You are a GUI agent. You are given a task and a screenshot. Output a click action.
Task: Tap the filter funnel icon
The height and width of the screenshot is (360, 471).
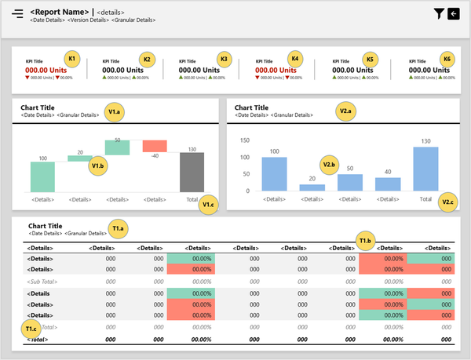[x=439, y=13]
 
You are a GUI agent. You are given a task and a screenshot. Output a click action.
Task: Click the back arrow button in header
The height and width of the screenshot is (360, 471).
[x=453, y=13]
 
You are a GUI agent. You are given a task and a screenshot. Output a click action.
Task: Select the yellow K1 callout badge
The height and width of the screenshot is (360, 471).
[x=71, y=59]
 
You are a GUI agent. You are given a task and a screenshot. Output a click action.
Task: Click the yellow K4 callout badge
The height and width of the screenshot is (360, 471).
[x=295, y=59]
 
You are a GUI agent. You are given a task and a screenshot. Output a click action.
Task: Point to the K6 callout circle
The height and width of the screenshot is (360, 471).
[x=447, y=59]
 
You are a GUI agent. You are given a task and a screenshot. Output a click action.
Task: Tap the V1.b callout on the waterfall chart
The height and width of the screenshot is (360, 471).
[x=98, y=165]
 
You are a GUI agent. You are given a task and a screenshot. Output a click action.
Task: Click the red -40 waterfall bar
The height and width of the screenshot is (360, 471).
[x=155, y=147]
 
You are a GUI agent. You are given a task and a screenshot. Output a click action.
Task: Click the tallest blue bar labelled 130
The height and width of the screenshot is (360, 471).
[x=425, y=169]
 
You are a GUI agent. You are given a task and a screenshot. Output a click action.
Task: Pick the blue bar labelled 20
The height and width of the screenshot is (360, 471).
[x=312, y=187]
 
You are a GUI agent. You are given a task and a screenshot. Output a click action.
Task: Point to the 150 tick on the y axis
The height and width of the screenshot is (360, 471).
[x=244, y=140]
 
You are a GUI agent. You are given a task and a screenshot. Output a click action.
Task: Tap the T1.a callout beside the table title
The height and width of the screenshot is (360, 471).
[x=119, y=229]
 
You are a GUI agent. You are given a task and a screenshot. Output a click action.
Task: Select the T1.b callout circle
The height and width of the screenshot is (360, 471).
[x=365, y=240]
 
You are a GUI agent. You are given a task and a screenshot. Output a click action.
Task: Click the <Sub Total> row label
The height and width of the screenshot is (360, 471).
[x=44, y=281]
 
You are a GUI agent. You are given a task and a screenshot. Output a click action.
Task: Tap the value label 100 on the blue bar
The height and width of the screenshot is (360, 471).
[x=274, y=151]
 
